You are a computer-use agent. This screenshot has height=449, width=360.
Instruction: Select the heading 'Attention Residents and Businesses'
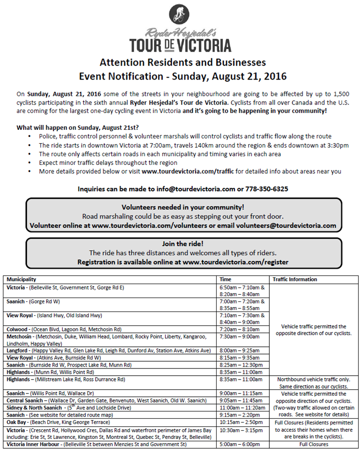pos(182,62)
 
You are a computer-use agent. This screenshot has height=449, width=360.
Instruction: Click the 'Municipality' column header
pos(21,279)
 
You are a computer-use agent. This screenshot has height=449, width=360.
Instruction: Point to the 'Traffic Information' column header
pos(294,279)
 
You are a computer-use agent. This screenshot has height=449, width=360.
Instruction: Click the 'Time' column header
pos(225,279)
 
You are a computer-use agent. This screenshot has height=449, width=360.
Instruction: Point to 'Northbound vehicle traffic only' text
pos(313,380)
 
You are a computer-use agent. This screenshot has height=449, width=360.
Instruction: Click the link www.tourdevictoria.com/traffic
pos(188,171)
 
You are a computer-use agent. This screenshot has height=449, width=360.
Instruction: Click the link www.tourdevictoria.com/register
pos(235,262)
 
